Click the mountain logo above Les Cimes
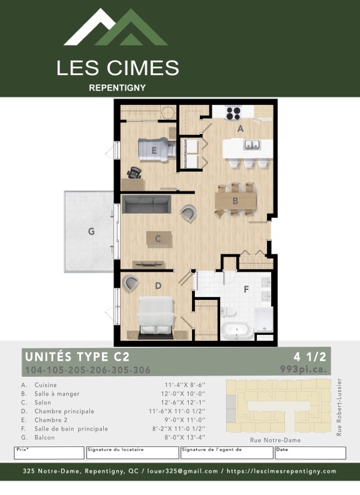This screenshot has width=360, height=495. (116, 28)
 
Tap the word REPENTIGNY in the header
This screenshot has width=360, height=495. (117, 87)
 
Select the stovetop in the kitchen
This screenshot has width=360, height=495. (233, 113)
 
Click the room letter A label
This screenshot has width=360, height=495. (240, 128)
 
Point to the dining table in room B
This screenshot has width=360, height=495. (236, 201)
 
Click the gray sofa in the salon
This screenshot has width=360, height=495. (146, 204)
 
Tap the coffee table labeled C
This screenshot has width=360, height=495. (158, 238)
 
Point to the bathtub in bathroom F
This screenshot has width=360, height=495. (237, 331)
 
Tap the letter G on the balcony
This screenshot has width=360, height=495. (91, 231)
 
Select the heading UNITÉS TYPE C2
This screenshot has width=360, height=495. (77, 357)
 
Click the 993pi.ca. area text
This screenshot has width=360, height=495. (303, 369)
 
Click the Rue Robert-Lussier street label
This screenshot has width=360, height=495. (339, 407)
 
